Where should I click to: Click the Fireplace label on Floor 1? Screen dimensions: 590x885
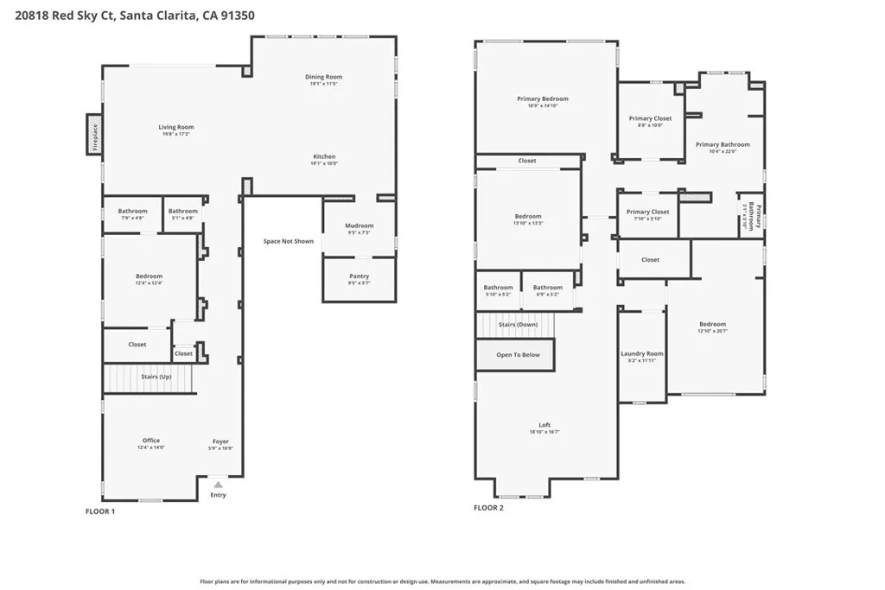pos(94,135)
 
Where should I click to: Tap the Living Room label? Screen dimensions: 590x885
pos(175,128)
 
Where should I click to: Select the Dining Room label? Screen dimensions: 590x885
pos(324,78)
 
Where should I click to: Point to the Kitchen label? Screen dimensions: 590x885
pos(324,157)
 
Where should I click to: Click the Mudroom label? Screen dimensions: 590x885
pos(359,226)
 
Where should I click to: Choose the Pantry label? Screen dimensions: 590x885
pos(359,276)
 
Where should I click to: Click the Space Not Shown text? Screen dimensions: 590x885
pos(289,242)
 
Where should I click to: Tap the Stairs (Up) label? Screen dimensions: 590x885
pos(156,377)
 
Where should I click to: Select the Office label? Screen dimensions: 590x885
pos(150,441)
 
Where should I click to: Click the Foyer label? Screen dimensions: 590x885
pos(221,441)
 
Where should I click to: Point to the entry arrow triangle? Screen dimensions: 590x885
pos(218,485)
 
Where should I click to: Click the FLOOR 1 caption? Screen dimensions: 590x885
pos(99,511)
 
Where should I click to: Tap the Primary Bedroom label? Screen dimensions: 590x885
pos(543,99)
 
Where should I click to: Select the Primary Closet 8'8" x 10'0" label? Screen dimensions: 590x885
pos(650,119)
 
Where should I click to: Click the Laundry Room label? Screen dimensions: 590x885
pos(642,354)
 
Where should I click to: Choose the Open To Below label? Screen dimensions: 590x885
pos(518,355)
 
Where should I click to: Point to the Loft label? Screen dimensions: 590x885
pos(544,425)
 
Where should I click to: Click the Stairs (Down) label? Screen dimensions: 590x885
pos(518,325)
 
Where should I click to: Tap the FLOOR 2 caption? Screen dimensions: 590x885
pos(488,508)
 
